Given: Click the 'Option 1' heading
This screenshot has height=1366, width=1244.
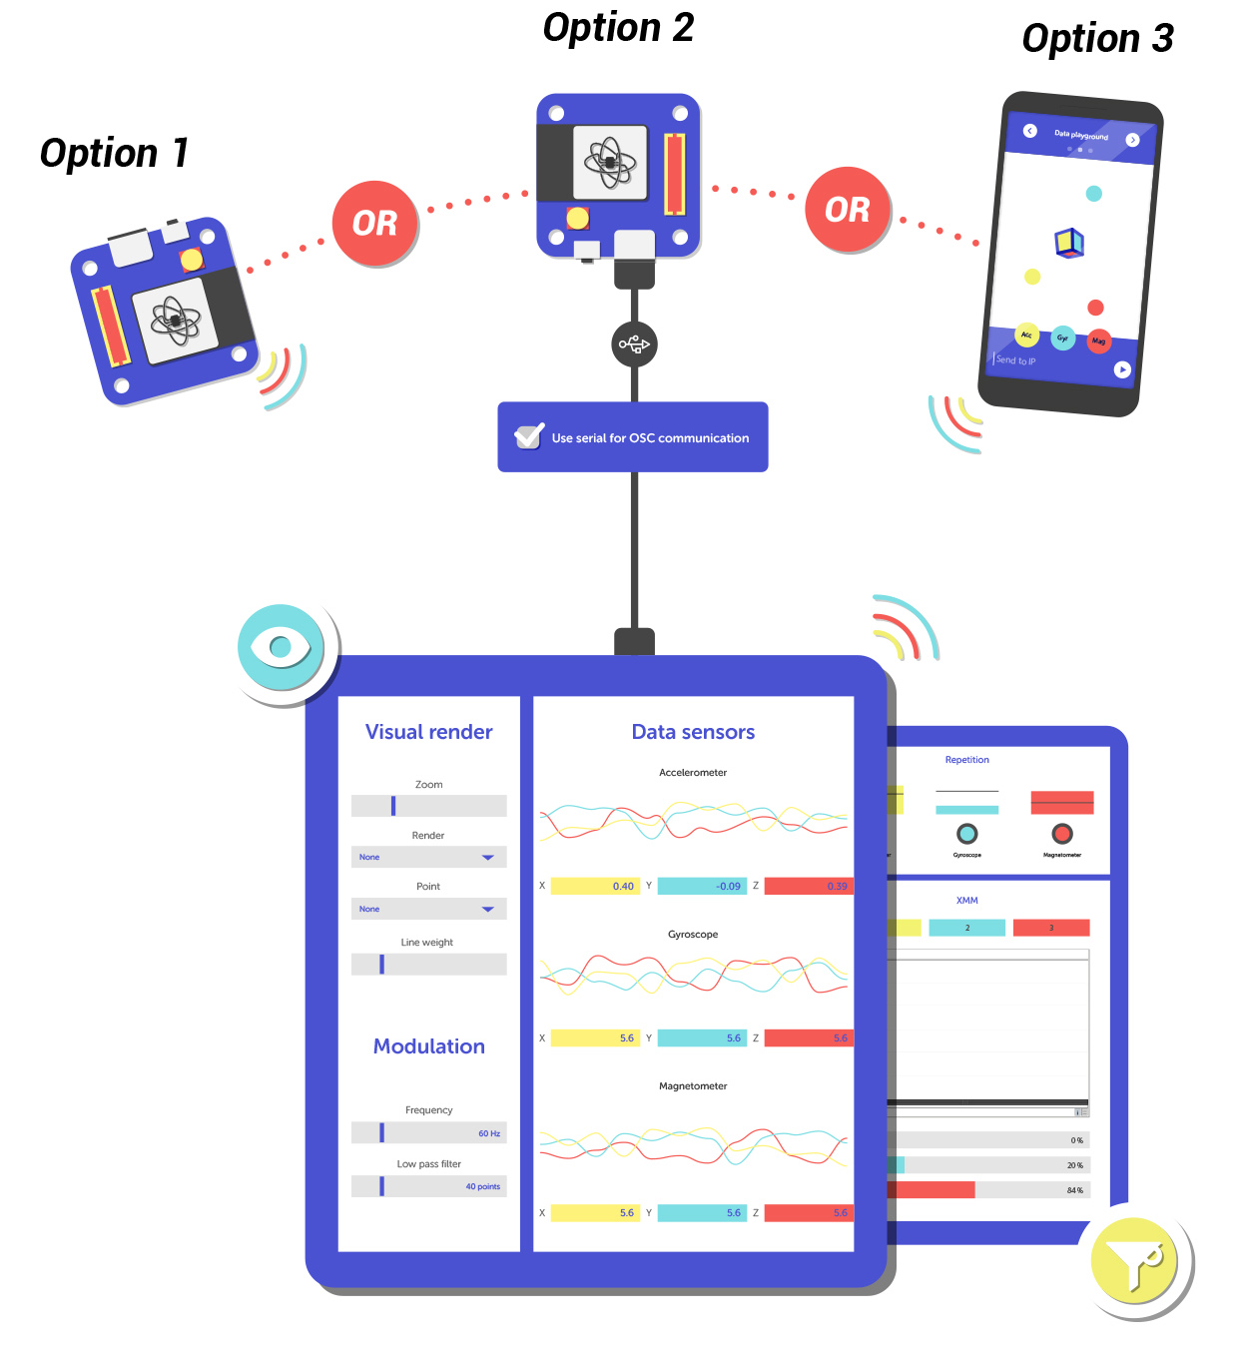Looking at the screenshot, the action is pyautogui.click(x=114, y=154).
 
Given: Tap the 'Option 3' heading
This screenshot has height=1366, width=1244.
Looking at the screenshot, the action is pyautogui.click(x=1097, y=39).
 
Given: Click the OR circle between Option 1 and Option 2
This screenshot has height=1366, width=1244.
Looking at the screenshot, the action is pyautogui.click(x=375, y=224).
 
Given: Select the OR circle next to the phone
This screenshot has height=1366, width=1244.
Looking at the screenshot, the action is pyautogui.click(x=848, y=210).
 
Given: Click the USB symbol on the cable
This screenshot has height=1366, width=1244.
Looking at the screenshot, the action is pyautogui.click(x=634, y=344).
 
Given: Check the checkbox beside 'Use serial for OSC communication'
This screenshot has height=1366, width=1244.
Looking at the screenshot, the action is pyautogui.click(x=528, y=436).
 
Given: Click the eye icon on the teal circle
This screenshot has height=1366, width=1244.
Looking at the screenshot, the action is pyautogui.click(x=281, y=647).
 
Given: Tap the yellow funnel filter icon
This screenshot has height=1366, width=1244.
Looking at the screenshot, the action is pyautogui.click(x=1135, y=1261).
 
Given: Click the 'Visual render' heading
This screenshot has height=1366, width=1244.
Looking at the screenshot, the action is pyautogui.click(x=428, y=732).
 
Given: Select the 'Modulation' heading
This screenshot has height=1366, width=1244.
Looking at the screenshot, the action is pyautogui.click(x=428, y=1046).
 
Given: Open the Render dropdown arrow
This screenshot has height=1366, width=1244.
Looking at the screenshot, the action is pyautogui.click(x=488, y=858).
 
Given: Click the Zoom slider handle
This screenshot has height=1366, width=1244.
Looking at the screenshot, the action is pyautogui.click(x=393, y=806).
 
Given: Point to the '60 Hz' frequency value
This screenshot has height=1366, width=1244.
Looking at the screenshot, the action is pyautogui.click(x=489, y=1133).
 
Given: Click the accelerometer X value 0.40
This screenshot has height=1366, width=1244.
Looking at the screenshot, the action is pyautogui.click(x=623, y=887).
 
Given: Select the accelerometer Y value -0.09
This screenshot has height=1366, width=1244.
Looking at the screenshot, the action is pyautogui.click(x=728, y=887).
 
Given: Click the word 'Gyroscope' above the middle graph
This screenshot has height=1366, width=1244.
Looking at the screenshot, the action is pyautogui.click(x=693, y=935).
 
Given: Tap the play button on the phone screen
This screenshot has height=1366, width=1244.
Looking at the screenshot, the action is pyautogui.click(x=1122, y=369).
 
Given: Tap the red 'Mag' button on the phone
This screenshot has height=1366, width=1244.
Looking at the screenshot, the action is pyautogui.click(x=1098, y=341).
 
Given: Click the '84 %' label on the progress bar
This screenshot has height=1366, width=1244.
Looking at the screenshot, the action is pyautogui.click(x=1074, y=1190).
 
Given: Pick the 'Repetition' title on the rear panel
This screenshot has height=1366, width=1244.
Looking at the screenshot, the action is pyautogui.click(x=966, y=760).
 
